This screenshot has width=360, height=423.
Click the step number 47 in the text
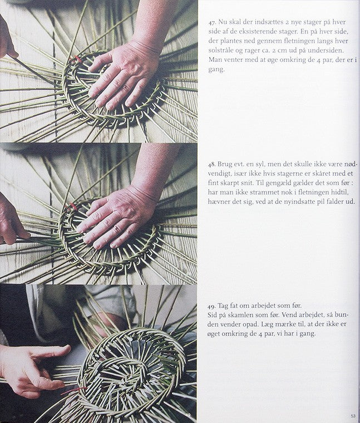click(x=211, y=22)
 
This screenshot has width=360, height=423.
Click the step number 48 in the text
click(x=211, y=164)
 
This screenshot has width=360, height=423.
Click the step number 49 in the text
click(x=211, y=306)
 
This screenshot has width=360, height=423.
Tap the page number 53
click(x=353, y=416)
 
